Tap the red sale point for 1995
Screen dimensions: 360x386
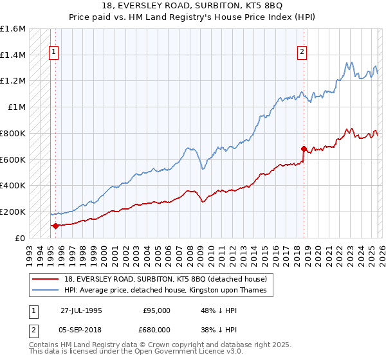click(55, 226)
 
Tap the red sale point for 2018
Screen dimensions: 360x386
click(304, 148)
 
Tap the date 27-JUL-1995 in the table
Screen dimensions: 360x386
click(81, 310)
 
